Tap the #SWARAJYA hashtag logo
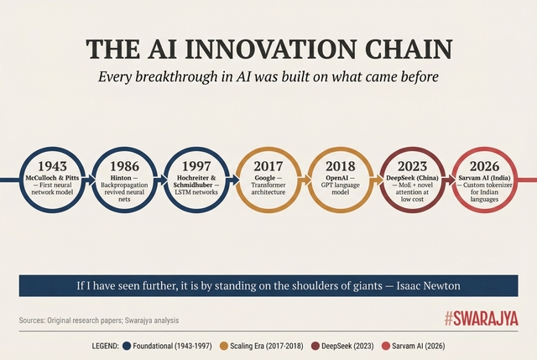coord(481,319)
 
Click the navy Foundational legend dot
coord(127,346)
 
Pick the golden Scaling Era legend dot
coord(224,346)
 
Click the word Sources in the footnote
coord(34,321)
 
